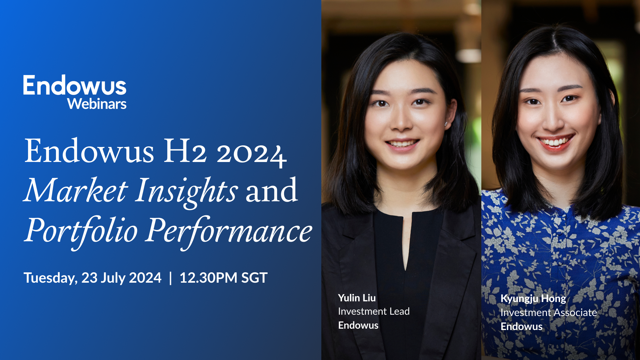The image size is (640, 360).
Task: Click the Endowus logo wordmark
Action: [75, 85]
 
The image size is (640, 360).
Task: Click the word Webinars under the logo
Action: [97, 104]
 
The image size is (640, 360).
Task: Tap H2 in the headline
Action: [185, 151]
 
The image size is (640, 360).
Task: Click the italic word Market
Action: [76, 191]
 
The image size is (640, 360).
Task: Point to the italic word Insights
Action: [187, 191]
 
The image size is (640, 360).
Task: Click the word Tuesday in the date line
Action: [50, 278]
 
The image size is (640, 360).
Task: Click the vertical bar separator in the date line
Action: [171, 278]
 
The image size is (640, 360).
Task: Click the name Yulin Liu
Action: [357, 298]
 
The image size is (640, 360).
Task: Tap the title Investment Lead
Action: [374, 311]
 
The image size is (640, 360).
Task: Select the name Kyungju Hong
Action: [533, 299]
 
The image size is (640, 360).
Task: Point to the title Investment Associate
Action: [548, 313]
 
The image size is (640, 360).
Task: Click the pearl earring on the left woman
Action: [446, 124]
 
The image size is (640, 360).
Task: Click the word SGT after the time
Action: [254, 278]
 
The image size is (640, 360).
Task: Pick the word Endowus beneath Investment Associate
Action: [521, 326]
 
